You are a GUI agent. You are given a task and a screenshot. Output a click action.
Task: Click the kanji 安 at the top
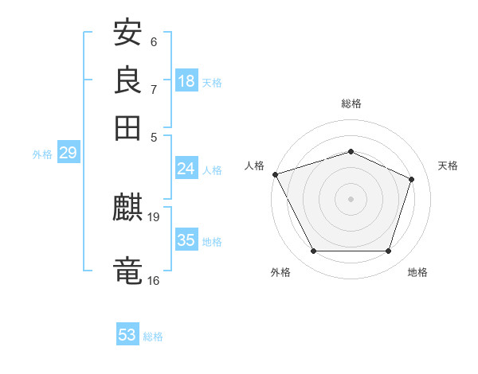[127, 34]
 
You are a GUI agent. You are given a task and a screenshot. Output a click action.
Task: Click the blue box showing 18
[186, 81]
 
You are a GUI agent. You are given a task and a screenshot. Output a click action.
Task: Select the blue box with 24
[186, 169]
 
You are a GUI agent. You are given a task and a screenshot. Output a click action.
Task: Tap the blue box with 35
[186, 240]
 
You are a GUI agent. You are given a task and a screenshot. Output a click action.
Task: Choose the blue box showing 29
[68, 154]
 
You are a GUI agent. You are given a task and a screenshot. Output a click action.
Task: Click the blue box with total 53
[127, 335]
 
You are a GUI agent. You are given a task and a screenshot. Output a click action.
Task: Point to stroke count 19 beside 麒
[154, 216]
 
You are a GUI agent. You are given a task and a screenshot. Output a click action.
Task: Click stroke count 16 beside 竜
[154, 280]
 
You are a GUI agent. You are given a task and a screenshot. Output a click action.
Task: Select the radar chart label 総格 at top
[351, 103]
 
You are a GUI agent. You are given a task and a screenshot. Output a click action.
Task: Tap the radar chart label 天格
[448, 166]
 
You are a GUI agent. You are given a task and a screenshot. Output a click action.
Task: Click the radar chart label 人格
[254, 166]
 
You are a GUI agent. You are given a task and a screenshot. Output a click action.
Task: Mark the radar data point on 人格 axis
[275, 174]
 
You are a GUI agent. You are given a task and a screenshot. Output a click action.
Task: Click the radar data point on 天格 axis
[412, 179]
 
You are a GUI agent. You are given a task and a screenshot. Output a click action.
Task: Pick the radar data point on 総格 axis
[351, 151]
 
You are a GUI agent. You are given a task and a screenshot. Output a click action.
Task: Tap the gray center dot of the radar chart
[351, 198]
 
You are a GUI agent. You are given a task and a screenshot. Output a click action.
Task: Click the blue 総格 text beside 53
[153, 337]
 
